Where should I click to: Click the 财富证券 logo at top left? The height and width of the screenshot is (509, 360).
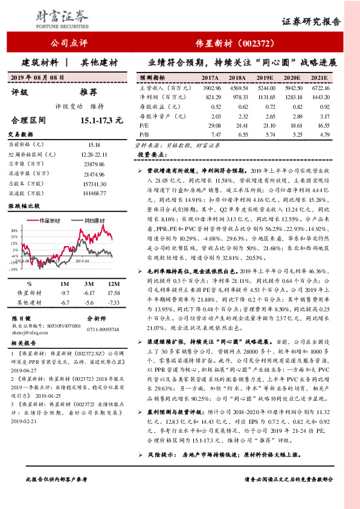point(43,14)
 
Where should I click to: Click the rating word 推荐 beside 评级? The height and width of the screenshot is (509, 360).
point(88,92)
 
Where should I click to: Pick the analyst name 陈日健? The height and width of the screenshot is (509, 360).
point(22,318)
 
